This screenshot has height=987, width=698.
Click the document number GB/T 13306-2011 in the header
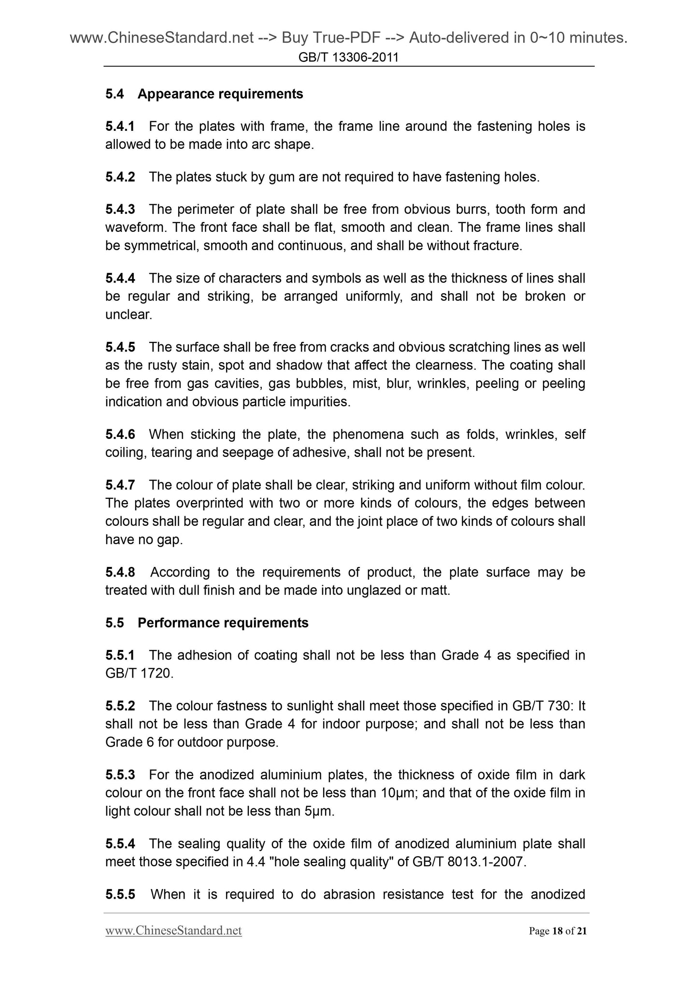[348, 57]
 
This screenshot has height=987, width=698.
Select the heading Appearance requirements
[220, 94]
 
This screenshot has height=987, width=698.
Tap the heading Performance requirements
[223, 623]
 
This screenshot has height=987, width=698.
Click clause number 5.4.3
[120, 209]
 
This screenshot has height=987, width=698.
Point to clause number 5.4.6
[120, 434]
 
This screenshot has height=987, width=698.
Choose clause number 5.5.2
[120, 705]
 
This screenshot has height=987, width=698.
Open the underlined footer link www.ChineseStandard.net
[173, 931]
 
